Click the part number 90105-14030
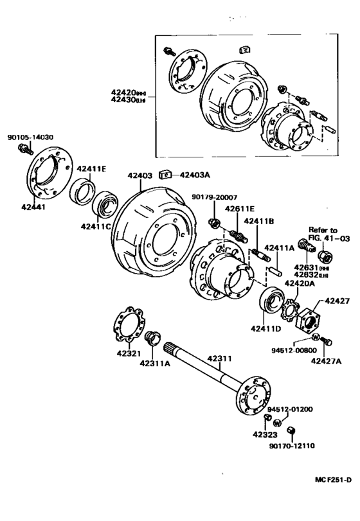coord(30,137)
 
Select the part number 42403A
coord(195,174)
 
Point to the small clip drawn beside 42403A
coord(165,174)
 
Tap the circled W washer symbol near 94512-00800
coord(316,339)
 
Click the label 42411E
coord(91,169)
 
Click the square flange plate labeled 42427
coord(311,319)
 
